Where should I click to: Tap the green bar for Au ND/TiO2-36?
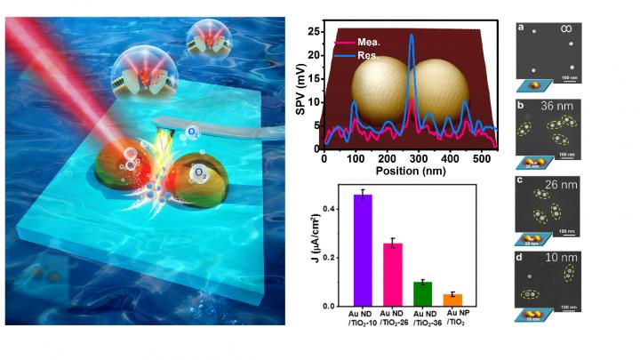(422, 293)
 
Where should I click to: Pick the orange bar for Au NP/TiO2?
(453, 300)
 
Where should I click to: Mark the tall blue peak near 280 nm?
(412, 37)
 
